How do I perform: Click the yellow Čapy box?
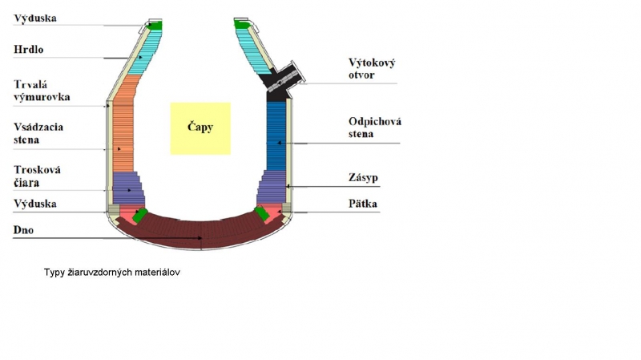coord(200,128)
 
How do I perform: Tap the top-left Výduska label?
coord(35,18)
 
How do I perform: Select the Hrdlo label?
coord(29,50)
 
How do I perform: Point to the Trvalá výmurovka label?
coord(42,91)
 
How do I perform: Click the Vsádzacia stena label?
coord(38,133)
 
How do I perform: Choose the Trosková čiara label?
coord(37,176)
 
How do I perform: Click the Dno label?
coord(23,230)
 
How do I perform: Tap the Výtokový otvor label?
coord(372,69)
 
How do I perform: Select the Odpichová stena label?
coord(375,127)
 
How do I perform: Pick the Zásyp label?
coord(363,177)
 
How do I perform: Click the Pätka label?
coord(363,204)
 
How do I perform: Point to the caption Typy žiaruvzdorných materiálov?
coord(112,273)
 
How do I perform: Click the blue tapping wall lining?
coord(276,136)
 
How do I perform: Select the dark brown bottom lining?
coord(201,233)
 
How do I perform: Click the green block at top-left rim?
coord(155,26)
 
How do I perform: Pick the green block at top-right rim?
coord(242,25)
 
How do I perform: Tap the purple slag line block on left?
coord(128,188)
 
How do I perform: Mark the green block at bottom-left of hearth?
coord(139,216)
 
